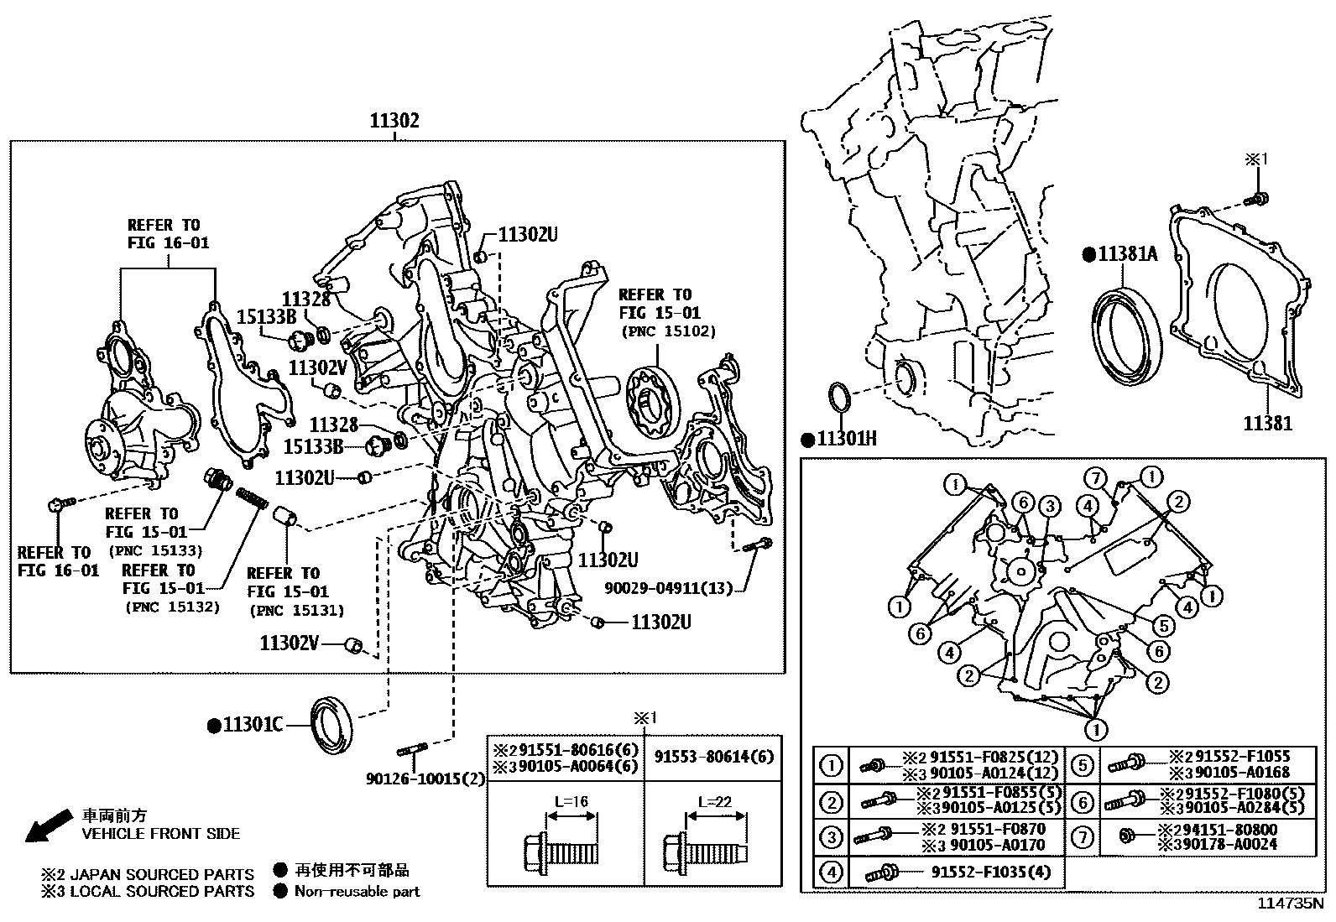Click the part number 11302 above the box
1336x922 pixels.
[394, 121]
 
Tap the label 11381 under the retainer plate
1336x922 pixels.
[1267, 424]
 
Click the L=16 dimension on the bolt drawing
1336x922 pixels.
[571, 802]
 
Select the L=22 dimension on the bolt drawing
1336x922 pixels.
[711, 802]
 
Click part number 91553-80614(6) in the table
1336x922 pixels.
[714, 756]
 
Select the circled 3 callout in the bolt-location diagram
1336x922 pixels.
[1049, 506]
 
